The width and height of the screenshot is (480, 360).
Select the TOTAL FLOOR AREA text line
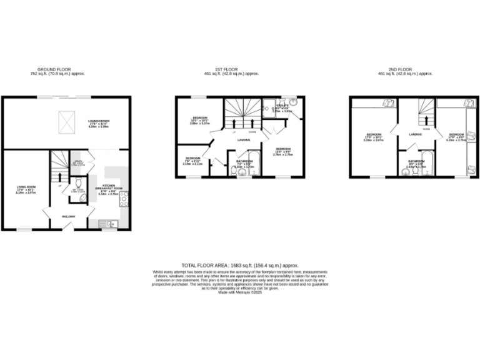coord(240,265)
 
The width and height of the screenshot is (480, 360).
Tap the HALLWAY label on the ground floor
coord(69,217)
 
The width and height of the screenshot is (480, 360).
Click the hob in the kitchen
coord(124,199)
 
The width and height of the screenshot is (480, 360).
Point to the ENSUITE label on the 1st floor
coord(282,106)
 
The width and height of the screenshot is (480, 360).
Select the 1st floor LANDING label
coord(244,139)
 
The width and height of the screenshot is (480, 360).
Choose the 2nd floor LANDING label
coord(415,134)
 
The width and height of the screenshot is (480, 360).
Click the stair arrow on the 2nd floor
coord(427,119)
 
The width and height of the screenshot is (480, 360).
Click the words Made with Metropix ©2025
coord(240,292)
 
